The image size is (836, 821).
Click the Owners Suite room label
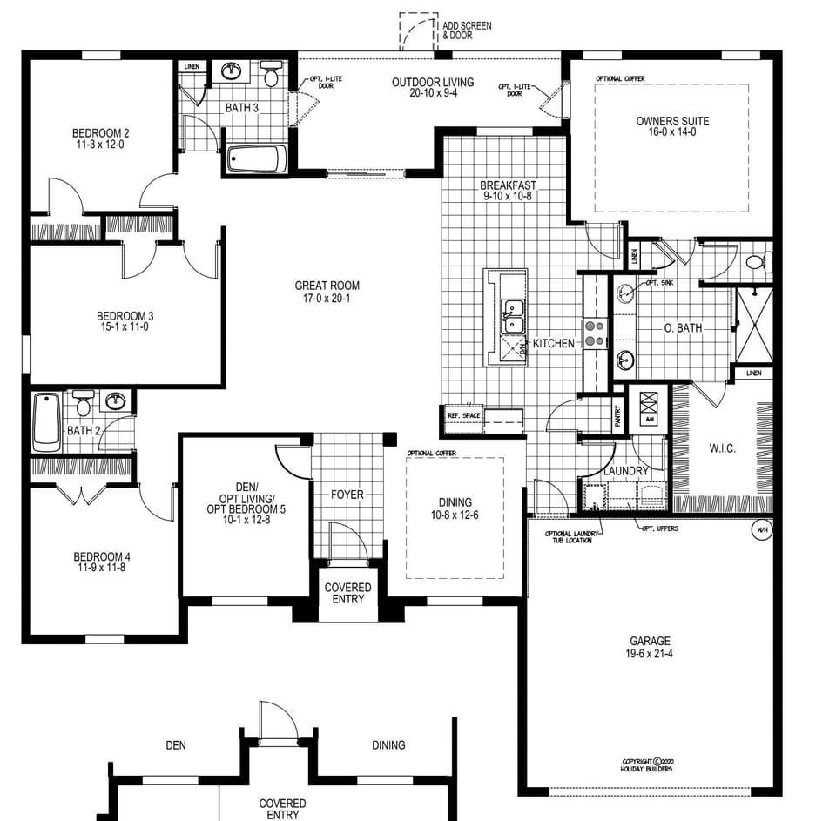point(672,121)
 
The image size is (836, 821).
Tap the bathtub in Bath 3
point(256,159)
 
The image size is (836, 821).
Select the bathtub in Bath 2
point(46,421)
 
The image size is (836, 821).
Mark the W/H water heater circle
point(760,528)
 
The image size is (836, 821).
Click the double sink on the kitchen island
point(513,316)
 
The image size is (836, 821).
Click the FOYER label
point(347,495)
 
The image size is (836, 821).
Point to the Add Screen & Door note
point(467,30)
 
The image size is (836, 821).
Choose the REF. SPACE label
point(464,415)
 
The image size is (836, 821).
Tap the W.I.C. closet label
point(722,448)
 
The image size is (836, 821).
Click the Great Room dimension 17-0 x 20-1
point(327,298)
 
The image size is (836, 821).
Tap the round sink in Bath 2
point(114,401)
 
